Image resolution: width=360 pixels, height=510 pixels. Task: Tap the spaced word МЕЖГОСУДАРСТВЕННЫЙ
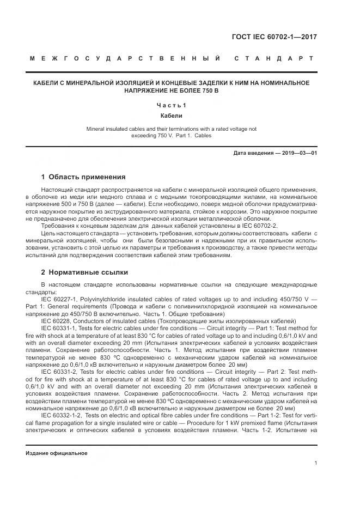[125, 58]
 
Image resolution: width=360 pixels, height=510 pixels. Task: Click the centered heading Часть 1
[171, 105]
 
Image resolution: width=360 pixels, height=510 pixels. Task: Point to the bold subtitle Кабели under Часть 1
[171, 116]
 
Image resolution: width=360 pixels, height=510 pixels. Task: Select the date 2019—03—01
[298, 153]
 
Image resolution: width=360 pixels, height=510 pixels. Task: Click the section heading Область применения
[87, 177]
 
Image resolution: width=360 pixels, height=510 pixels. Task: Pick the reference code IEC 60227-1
[59, 299]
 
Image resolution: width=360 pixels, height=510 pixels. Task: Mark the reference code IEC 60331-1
[59, 329]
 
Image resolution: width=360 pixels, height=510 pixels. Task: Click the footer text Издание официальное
[57, 453]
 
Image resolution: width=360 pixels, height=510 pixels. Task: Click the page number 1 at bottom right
[316, 463]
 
